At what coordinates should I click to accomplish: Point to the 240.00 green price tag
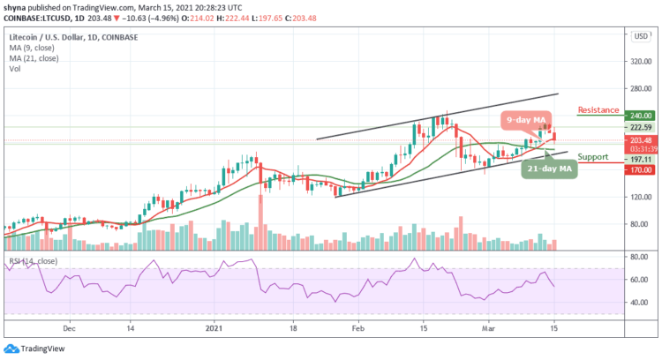[641, 115]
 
